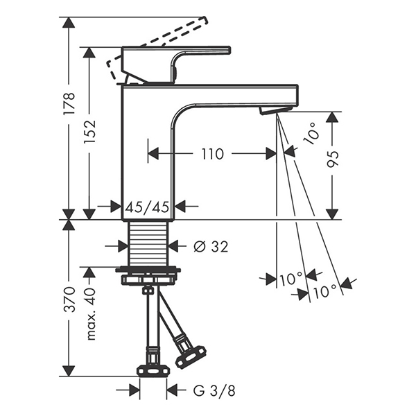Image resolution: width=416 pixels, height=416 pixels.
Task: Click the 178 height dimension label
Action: click(x=69, y=103)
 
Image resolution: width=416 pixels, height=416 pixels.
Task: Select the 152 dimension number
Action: click(x=89, y=132)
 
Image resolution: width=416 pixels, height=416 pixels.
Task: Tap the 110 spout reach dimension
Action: click(x=213, y=154)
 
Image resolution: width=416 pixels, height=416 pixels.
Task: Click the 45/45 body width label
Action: click(x=147, y=207)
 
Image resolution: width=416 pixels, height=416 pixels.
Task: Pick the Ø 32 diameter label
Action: click(x=211, y=247)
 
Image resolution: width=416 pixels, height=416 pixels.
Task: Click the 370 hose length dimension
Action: click(x=69, y=299)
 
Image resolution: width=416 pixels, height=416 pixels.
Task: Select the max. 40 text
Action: click(x=90, y=314)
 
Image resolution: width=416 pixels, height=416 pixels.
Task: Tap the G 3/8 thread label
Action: click(x=214, y=390)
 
